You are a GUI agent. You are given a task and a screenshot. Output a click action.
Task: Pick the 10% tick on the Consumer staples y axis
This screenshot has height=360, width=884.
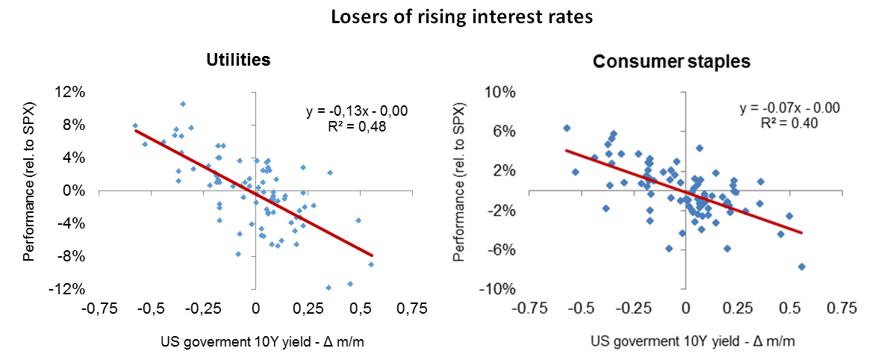coord(501,93)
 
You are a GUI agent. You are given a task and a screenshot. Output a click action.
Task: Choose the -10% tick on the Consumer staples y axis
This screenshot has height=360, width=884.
coord(499,289)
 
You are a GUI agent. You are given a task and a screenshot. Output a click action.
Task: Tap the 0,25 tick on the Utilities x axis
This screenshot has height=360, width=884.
coord(308,308)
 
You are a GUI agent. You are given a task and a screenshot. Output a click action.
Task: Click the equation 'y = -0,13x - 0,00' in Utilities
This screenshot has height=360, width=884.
coord(356,112)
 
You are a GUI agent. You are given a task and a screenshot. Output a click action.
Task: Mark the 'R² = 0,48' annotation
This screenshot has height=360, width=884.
coord(356,126)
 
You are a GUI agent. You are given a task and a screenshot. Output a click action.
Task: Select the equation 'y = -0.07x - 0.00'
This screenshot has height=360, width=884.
coord(790,108)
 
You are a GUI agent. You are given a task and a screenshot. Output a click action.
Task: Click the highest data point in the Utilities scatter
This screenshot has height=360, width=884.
coord(183,104)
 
